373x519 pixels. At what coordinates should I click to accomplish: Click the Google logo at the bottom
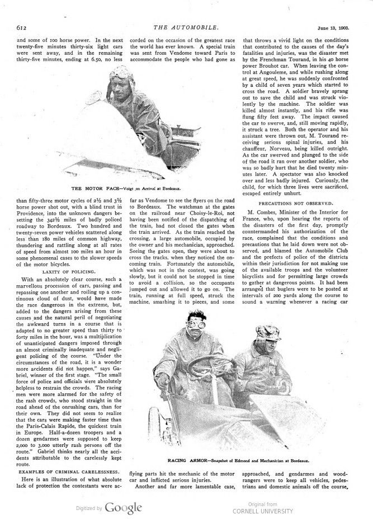point(122,508)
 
